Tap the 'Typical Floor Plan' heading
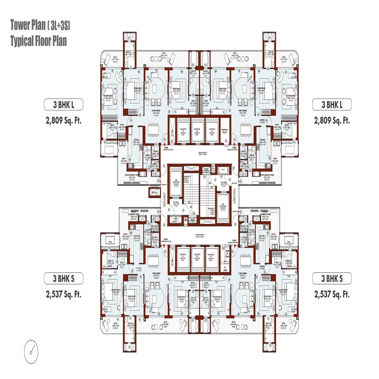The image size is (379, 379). pos(38,41)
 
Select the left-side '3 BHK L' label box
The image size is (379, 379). pos(64,104)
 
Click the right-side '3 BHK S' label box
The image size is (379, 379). pos(332,279)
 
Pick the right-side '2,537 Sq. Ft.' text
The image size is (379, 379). pos(332,294)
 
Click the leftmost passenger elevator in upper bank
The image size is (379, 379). pos(182,130)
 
